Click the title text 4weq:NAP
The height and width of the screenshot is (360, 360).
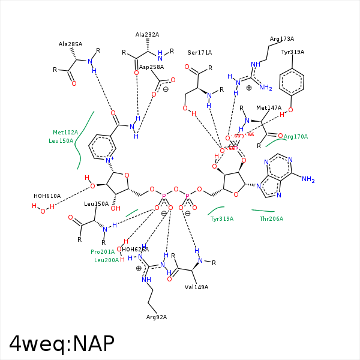(x=61, y=343)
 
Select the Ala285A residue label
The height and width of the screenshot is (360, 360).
(x=70, y=44)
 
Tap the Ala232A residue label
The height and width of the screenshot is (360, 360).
(x=147, y=35)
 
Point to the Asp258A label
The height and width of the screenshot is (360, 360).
(x=151, y=67)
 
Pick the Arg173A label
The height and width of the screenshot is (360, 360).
(x=281, y=39)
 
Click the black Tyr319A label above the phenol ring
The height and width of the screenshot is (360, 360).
(x=292, y=52)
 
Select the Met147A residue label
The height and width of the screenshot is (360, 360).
(x=269, y=108)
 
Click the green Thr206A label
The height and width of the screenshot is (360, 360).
(x=271, y=219)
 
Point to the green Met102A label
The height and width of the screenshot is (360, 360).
(x=65, y=133)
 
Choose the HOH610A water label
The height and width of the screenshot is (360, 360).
(x=47, y=196)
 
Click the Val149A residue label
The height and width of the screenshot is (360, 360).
(x=196, y=287)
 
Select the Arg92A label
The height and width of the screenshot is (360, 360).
(x=157, y=317)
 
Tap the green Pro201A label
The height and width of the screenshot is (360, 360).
(x=102, y=252)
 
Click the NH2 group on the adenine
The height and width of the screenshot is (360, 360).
(x=308, y=179)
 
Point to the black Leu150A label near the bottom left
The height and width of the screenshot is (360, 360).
(x=96, y=204)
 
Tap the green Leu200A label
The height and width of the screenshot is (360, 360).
(x=106, y=260)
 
